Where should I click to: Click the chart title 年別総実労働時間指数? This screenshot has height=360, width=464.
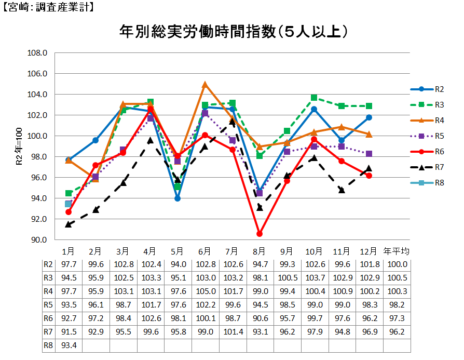click(x=234, y=32)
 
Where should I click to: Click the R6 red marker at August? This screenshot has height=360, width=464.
click(x=260, y=234)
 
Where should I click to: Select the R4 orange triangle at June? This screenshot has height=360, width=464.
click(x=205, y=84)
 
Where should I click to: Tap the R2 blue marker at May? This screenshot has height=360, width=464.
click(x=178, y=198)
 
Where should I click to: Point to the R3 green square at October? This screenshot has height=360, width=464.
click(x=314, y=98)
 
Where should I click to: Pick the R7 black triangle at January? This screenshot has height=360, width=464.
click(x=69, y=224)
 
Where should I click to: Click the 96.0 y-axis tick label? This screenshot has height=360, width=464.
click(x=39, y=178)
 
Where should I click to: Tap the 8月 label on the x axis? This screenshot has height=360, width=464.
click(x=260, y=251)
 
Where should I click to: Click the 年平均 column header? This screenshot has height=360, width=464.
click(x=396, y=251)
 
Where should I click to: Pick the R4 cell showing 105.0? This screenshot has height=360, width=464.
click(x=205, y=291)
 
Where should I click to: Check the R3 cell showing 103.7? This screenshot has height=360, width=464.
click(x=314, y=277)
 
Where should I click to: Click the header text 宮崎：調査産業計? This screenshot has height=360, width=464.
click(x=48, y=7)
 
